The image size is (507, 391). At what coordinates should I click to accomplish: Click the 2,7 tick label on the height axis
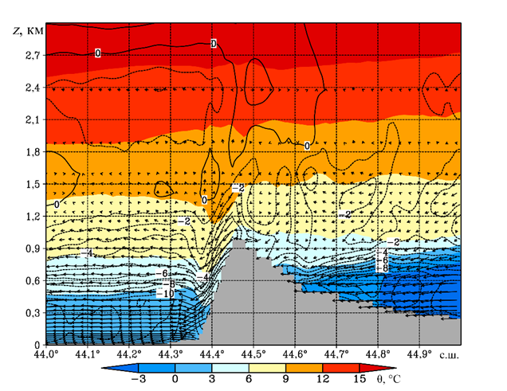(31, 55)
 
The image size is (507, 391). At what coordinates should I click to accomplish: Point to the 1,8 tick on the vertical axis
(31, 151)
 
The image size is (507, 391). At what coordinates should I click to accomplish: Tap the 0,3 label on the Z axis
(31, 313)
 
